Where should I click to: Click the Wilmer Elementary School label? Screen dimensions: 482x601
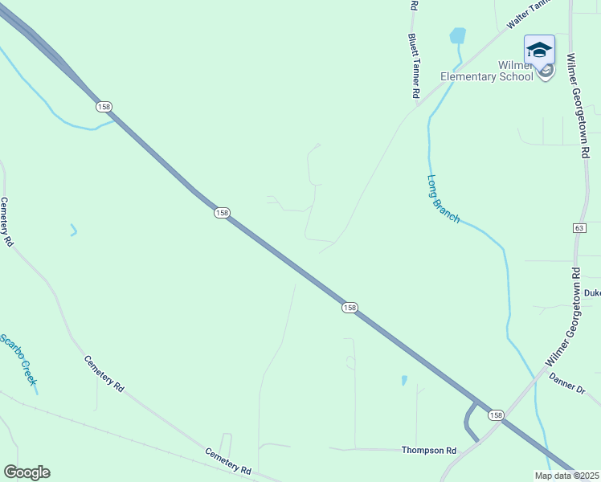pyautogui.click(x=487, y=70)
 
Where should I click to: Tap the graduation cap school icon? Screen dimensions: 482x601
pyautogui.click(x=539, y=50)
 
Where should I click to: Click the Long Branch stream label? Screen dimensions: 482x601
pyautogui.click(x=443, y=198)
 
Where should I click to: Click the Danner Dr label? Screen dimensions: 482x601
pyautogui.click(x=567, y=383)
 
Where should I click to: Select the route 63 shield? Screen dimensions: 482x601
pyautogui.click(x=579, y=228)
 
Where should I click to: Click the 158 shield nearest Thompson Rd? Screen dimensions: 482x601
pyautogui.click(x=495, y=415)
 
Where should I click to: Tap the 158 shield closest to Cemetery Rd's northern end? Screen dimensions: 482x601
pyautogui.click(x=103, y=106)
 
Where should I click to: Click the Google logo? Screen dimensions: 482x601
pyautogui.click(x=27, y=472)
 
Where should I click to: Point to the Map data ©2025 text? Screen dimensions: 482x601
pyautogui.click(x=567, y=476)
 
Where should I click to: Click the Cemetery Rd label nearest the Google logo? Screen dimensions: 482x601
pyautogui.click(x=228, y=460)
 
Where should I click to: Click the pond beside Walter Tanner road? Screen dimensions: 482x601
pyautogui.click(x=457, y=35)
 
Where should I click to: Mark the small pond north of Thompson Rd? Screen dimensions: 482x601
pyautogui.click(x=403, y=380)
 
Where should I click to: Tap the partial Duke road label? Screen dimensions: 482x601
pyautogui.click(x=592, y=293)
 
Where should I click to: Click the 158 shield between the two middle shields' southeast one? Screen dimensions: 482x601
pyautogui.click(x=349, y=308)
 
